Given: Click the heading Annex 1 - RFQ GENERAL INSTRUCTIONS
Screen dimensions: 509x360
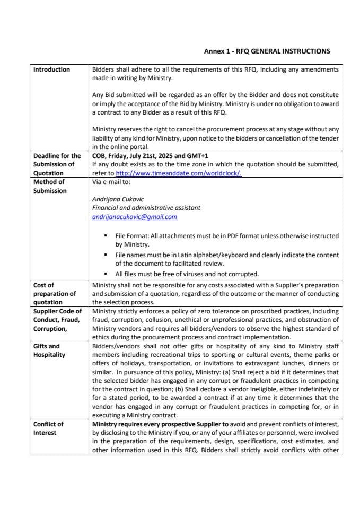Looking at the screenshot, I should point(267,51).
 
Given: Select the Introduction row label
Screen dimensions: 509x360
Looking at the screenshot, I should point(51,69).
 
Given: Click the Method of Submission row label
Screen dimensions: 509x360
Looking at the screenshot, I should point(49,186).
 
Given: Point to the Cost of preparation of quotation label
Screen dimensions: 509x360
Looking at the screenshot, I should point(55,293).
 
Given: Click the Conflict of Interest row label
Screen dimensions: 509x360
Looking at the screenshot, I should point(48,428).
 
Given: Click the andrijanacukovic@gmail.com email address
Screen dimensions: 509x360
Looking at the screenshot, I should point(135,217).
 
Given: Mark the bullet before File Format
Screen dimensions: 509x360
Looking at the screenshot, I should point(108,236).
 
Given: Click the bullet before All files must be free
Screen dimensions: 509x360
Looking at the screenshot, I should point(108,274).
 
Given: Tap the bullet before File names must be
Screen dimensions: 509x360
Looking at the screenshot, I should point(108,255).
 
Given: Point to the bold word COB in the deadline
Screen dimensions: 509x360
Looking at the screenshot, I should point(99,156).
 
